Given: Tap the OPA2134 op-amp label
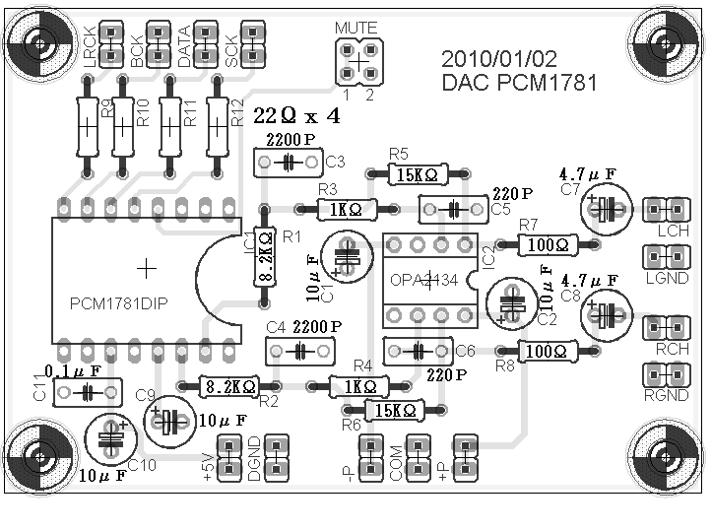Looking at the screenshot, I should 424,281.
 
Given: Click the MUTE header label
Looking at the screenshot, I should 355,27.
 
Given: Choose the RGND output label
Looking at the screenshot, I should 667,396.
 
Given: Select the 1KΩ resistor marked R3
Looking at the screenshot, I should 346,209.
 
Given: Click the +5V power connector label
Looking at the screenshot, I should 208,458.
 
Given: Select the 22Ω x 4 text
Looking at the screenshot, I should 296,116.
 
